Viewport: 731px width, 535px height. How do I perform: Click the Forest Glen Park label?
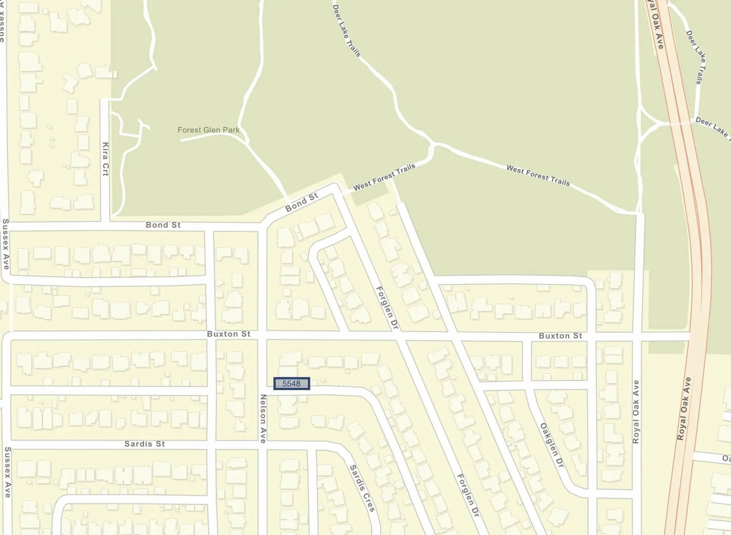208,130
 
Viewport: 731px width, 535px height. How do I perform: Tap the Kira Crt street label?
105,159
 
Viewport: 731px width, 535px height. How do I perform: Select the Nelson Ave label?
263,419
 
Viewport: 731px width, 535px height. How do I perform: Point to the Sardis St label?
145,444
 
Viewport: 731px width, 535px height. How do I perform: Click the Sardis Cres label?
362,488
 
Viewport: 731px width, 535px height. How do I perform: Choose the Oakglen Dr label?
552,445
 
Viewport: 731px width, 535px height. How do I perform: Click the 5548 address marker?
292,384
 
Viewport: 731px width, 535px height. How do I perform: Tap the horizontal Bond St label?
163,225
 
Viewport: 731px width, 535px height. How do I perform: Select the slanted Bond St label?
302,202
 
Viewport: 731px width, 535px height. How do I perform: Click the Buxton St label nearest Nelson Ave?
228,334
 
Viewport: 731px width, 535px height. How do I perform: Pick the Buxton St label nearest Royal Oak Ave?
560,336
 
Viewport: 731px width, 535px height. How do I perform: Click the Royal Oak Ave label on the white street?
636,411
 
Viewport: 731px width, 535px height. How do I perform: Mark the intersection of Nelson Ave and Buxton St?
262,335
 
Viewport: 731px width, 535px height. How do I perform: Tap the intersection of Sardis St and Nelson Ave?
263,445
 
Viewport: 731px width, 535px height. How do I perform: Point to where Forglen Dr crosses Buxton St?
400,336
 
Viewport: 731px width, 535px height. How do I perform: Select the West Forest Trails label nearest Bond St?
384,177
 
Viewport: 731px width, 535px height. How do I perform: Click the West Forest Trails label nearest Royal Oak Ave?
538,175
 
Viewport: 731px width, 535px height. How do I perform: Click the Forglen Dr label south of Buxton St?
468,495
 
